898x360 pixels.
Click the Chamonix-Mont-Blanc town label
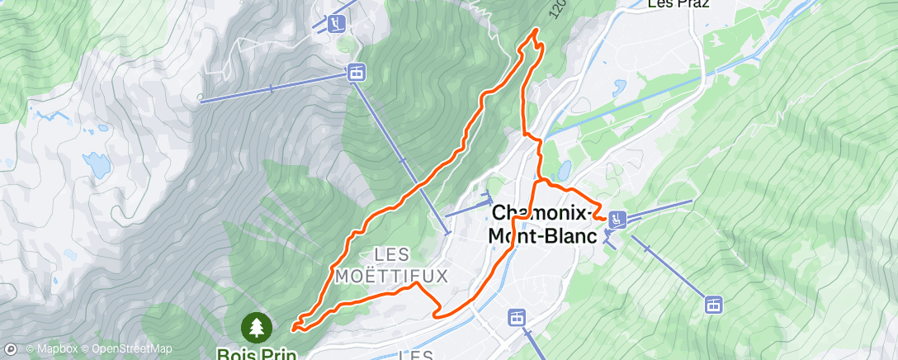click(541, 224)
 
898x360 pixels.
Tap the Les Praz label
click(678, 4)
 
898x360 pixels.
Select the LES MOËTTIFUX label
click(391, 263)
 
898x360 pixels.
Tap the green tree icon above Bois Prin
click(256, 327)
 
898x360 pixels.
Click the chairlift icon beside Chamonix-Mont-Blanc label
click(617, 219)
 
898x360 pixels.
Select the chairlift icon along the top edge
click(336, 23)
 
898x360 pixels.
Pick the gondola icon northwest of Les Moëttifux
click(356, 73)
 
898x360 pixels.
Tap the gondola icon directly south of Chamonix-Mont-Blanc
click(516, 317)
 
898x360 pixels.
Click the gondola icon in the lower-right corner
click(714, 304)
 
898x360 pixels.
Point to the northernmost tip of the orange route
click(536, 30)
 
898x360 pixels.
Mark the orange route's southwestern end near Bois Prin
click(294, 329)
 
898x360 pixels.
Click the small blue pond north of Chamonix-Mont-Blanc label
click(565, 171)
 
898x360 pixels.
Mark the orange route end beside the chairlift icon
click(606, 220)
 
